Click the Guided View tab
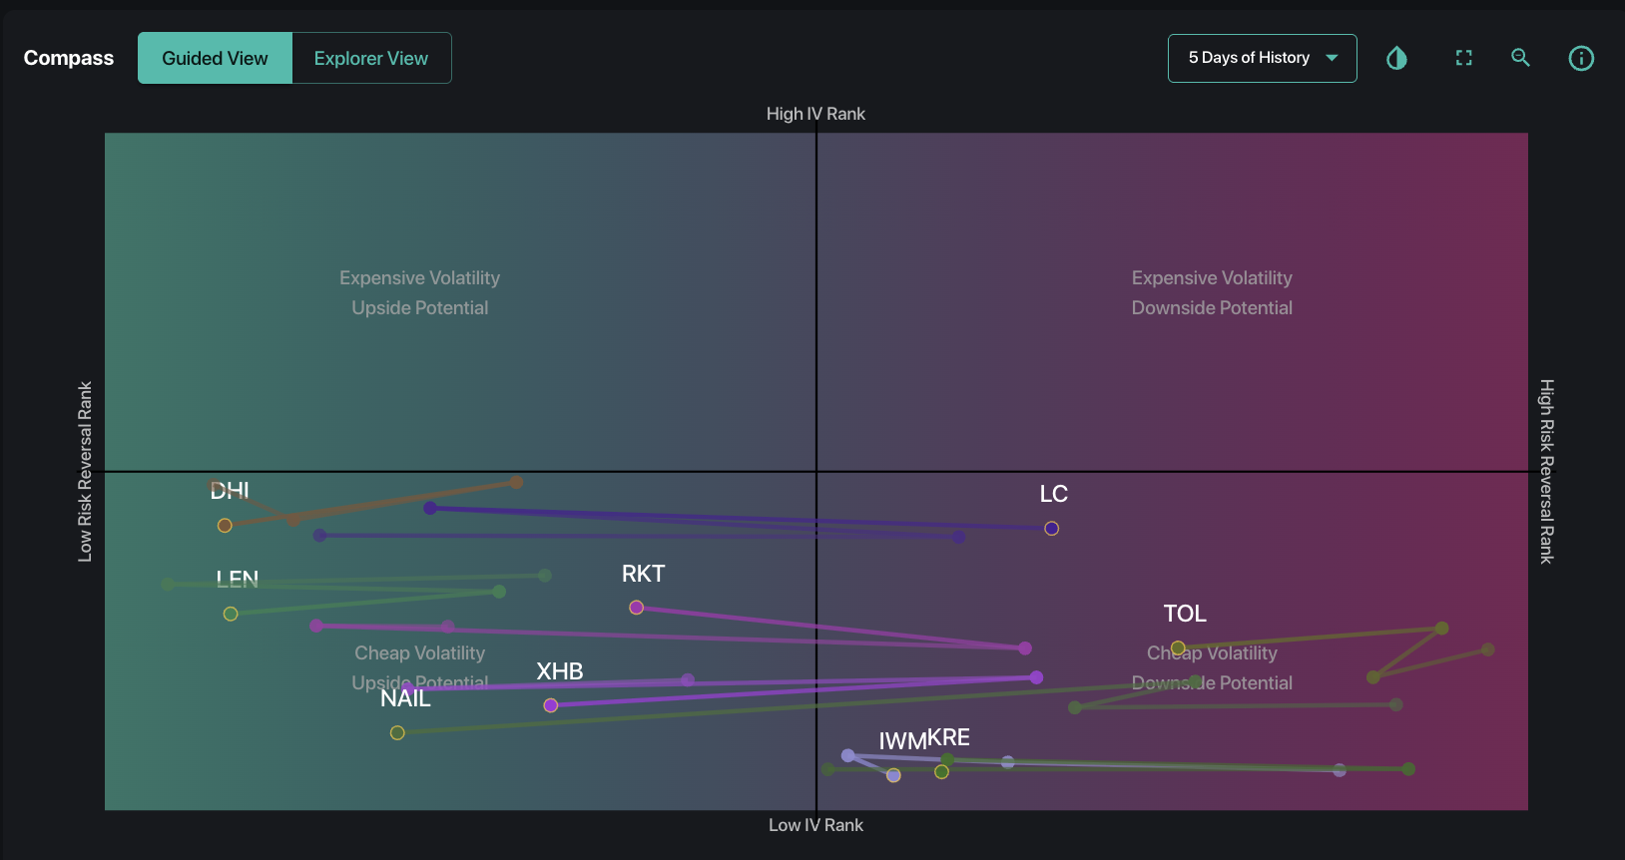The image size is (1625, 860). coord(215,58)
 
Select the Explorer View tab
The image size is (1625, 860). coord(370,58)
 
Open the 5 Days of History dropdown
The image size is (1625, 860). coord(1262,58)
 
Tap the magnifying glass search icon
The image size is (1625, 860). coord(1520,58)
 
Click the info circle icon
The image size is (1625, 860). coord(1581,58)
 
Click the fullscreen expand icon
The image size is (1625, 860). coord(1463,58)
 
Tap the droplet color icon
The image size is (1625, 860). coord(1396,58)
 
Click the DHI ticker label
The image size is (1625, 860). coord(230,490)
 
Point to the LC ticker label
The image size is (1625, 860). coord(1053,494)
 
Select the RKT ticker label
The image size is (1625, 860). coord(643,574)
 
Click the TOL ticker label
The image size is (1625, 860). coord(1185,614)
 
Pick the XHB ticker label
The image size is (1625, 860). coord(559,671)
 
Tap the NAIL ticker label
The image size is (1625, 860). coord(405,698)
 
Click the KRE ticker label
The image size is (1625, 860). coord(949,737)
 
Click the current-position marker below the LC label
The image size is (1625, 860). coord(1051,529)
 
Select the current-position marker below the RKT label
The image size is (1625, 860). coord(636,608)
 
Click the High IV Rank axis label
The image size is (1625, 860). coord(815,114)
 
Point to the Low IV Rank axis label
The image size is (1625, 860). coord(815,825)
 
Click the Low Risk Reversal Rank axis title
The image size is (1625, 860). coord(85,471)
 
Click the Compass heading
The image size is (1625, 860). coord(69,58)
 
